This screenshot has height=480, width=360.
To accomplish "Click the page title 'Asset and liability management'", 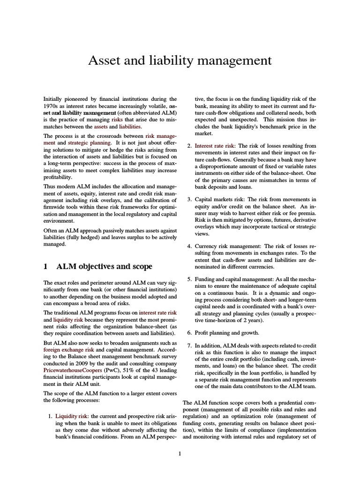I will point(180,61).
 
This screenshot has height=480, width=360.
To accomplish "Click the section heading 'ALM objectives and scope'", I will point(104,267).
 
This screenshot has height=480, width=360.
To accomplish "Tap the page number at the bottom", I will point(180,453).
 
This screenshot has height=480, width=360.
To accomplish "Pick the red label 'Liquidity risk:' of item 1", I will point(73,416).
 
